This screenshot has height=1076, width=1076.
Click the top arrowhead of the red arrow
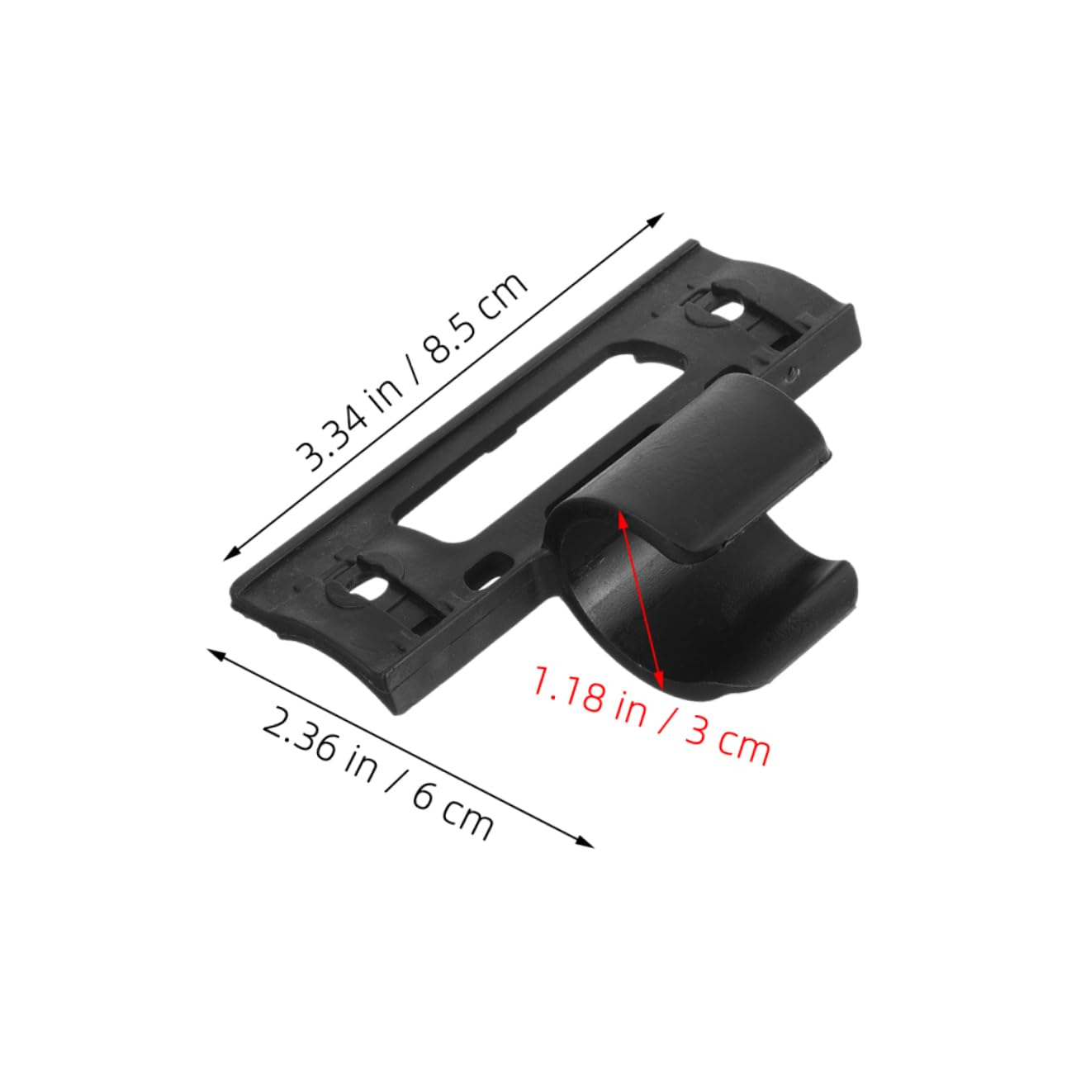pos(621,516)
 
